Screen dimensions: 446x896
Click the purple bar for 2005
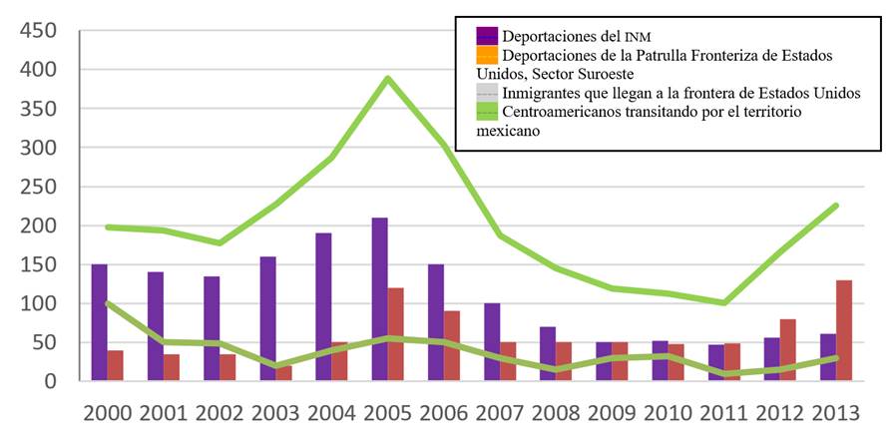[x=379, y=298]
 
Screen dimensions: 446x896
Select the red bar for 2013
[x=844, y=330]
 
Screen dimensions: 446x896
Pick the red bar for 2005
[x=396, y=334]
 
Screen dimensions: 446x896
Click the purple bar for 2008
[x=547, y=353]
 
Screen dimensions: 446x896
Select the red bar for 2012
[x=787, y=349]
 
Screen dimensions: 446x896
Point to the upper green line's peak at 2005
[x=388, y=78]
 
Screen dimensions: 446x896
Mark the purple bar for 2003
[x=267, y=319]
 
